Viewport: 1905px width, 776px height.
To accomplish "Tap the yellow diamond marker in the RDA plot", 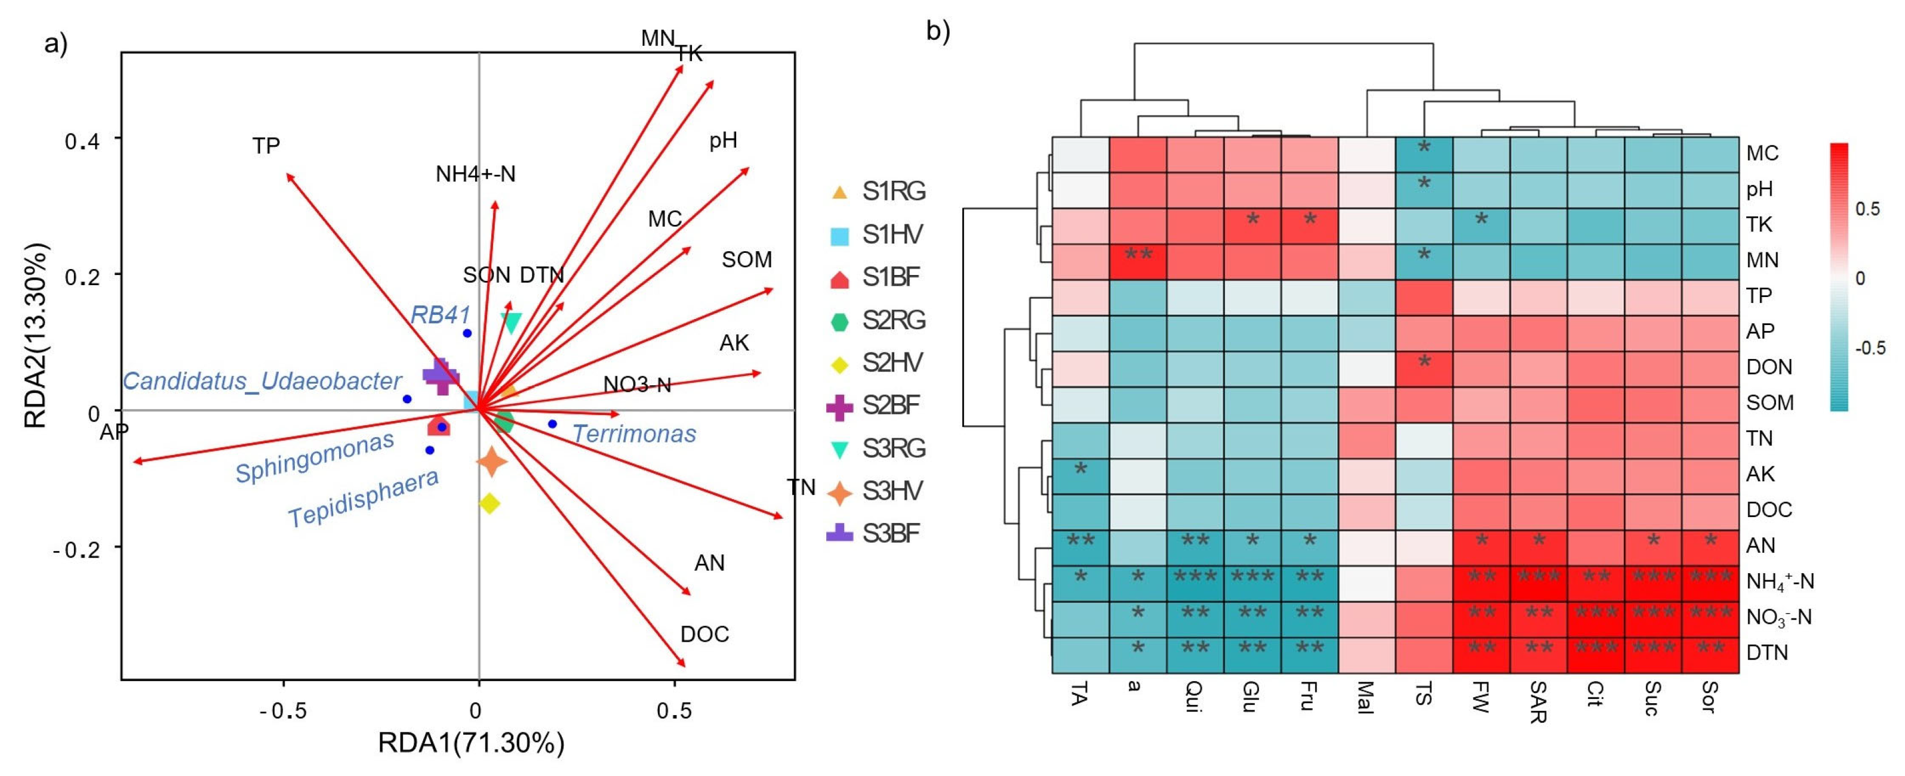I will [489, 504].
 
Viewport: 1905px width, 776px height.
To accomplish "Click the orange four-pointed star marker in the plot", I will [491, 462].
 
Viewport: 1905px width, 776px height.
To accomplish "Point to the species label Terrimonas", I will [634, 434].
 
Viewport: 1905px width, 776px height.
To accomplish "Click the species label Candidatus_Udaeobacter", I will [262, 381].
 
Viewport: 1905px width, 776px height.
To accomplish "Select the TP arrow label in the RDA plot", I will [266, 146].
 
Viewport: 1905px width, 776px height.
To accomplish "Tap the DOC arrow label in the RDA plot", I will [704, 634].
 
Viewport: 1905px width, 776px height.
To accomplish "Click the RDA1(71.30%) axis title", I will [471, 743].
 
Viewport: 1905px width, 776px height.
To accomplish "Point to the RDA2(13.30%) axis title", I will [35, 336].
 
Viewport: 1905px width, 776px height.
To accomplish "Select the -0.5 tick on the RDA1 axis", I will [282, 711].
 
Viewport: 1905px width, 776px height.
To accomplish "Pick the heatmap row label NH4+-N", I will [1779, 582].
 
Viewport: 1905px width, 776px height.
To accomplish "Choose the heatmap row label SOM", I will [1769, 403].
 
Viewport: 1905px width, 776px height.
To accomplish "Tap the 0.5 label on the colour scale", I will [1867, 209].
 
